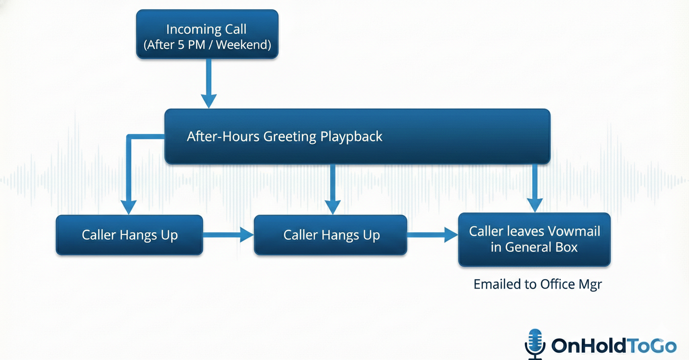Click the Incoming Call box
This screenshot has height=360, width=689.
pos(207,34)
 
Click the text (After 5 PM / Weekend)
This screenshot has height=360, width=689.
pos(207,45)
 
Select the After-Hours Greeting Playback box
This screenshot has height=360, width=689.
pos(357,136)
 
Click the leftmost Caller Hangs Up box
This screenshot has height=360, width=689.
pos(129,235)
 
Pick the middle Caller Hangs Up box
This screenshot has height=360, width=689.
pos(331,235)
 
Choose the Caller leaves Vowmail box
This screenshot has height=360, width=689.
pos(534,239)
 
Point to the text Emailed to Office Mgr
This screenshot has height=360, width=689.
pos(537,284)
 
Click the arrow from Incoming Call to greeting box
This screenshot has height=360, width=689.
pos(209,83)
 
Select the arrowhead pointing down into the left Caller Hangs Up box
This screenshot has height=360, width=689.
pos(128,206)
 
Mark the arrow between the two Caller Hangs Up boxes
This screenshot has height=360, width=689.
pos(228,235)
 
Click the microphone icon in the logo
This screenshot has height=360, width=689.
pos(535,343)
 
